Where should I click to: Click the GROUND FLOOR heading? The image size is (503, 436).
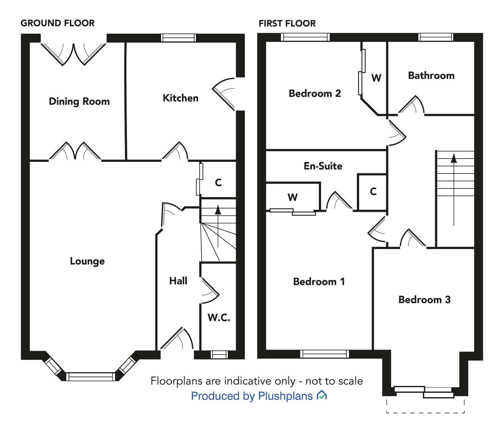pyautogui.click(x=58, y=23)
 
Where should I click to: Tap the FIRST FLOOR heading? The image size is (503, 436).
pyautogui.click(x=287, y=24)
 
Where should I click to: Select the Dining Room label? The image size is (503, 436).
pyautogui.click(x=79, y=102)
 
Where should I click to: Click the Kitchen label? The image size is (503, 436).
pyautogui.click(x=180, y=98)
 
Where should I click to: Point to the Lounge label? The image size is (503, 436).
pyautogui.click(x=87, y=261)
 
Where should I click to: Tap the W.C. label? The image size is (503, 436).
pyautogui.click(x=219, y=318)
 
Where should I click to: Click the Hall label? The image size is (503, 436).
pyautogui.click(x=178, y=281)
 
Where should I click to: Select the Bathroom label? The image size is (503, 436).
pyautogui.click(x=431, y=75)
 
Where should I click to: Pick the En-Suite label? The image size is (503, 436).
pyautogui.click(x=323, y=166)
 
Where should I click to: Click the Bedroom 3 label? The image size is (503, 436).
pyautogui.click(x=424, y=300)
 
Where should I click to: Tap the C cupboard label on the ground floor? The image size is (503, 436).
pyautogui.click(x=218, y=182)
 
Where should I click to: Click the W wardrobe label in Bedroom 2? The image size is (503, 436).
pyautogui.click(x=376, y=78)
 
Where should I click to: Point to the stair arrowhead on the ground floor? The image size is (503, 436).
pyautogui.click(x=218, y=210)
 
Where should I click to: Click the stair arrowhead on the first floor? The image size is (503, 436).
pyautogui.click(x=454, y=158)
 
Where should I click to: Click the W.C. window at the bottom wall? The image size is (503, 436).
pyautogui.click(x=219, y=355)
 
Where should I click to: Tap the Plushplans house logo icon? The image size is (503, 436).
pyautogui.click(x=322, y=395)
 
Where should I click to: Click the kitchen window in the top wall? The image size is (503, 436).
pyautogui.click(x=178, y=38)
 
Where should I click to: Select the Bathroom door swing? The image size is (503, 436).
pyautogui.click(x=412, y=105)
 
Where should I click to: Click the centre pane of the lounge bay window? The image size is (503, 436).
pyautogui.click(x=91, y=377)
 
